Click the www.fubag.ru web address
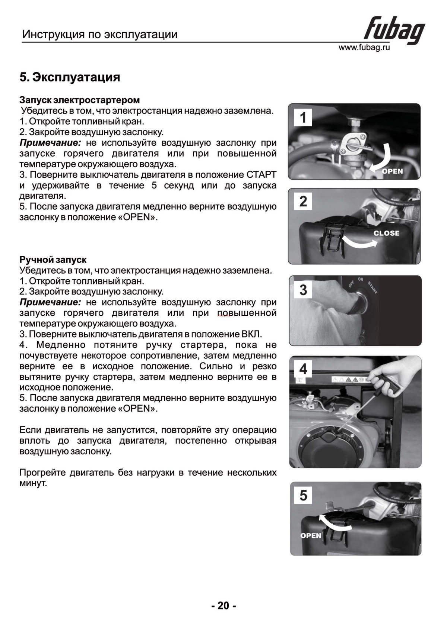(364, 48)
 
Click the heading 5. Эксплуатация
(70, 77)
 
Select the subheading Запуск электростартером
(80, 100)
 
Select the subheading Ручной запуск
(53, 259)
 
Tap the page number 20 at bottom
(223, 606)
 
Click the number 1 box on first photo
(303, 118)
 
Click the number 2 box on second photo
(303, 202)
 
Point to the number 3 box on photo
(303, 290)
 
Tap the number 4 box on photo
(303, 370)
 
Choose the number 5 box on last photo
(304, 496)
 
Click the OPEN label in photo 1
(392, 171)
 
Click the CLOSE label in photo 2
(386, 233)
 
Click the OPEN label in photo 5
(311, 535)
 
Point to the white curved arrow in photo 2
(359, 242)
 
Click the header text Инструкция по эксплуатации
(100, 35)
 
